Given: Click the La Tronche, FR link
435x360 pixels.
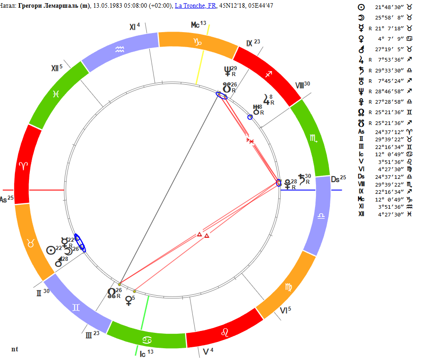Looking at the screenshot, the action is click(x=196, y=5).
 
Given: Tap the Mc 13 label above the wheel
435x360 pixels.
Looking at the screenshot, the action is click(x=198, y=24).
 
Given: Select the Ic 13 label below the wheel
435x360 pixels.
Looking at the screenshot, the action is click(x=147, y=353).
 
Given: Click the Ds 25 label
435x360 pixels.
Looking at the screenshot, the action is click(x=339, y=179).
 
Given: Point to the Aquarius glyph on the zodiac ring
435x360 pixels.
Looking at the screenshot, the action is click(x=120, y=49).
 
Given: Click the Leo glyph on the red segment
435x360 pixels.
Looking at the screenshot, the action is click(x=225, y=332).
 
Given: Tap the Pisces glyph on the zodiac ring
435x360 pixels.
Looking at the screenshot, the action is click(x=56, y=94).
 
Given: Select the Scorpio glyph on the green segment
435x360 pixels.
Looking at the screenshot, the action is click(x=314, y=138).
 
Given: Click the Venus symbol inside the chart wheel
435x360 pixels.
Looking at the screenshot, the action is click(x=129, y=301).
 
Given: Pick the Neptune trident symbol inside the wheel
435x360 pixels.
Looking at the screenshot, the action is click(x=228, y=72).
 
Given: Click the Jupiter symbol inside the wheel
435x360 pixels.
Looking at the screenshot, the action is click(x=266, y=100).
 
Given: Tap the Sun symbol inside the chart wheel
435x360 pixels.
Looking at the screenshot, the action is click(x=51, y=250).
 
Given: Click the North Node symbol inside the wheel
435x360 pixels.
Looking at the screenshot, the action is click(x=111, y=293).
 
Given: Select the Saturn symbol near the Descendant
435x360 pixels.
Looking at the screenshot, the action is click(x=301, y=179).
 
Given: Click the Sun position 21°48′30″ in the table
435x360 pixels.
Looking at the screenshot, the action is click(x=389, y=8).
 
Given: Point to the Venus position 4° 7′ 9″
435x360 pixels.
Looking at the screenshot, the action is click(x=391, y=39).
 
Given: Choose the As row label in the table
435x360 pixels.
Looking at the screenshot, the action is click(x=361, y=132).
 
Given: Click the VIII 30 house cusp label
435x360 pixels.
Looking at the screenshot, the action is click(x=302, y=85).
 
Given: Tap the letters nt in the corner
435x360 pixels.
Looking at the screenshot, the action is click(x=14, y=349).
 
